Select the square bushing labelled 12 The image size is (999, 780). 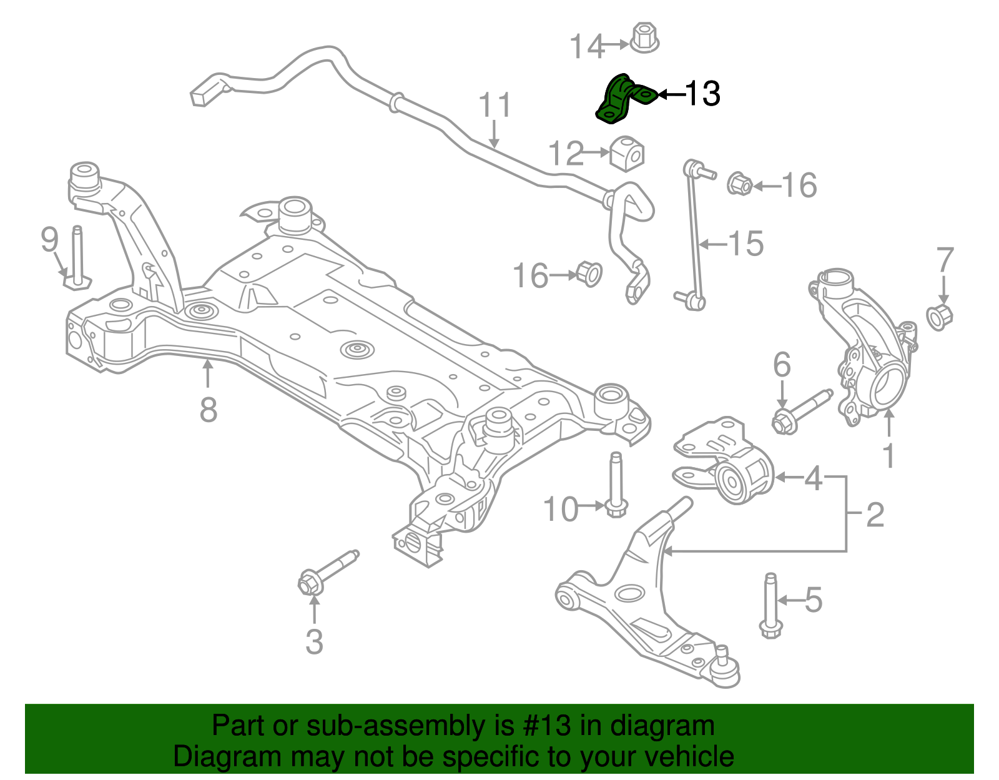coord(627,153)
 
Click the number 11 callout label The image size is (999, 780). coord(495,106)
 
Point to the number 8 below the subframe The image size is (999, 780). coord(209,410)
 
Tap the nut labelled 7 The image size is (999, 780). coord(939,317)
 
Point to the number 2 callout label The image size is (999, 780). coord(875,515)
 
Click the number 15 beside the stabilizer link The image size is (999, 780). coord(746,243)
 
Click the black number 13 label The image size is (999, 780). coord(703,94)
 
